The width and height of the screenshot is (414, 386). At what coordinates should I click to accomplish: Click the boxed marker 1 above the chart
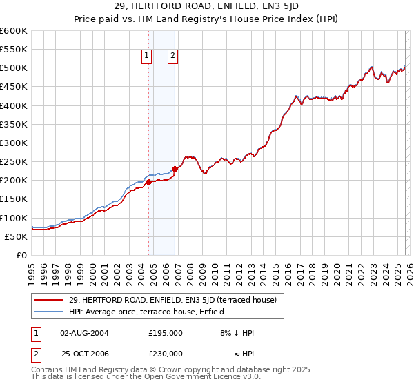pyautogui.click(x=148, y=57)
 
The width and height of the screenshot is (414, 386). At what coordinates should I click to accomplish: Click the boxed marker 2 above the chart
pyautogui.click(x=172, y=57)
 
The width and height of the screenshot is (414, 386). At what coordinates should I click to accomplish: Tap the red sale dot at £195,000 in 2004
pyautogui.click(x=148, y=182)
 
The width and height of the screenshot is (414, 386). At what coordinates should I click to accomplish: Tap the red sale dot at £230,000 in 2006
pyautogui.click(x=175, y=169)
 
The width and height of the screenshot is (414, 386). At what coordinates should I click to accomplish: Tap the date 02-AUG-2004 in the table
pyautogui.click(x=85, y=332)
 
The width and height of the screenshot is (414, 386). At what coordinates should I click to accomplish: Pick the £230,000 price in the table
pyautogui.click(x=166, y=354)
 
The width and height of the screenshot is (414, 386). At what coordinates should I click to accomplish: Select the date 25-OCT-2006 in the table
pyautogui.click(x=85, y=354)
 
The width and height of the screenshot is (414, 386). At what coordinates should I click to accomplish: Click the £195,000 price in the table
pyautogui.click(x=166, y=332)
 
